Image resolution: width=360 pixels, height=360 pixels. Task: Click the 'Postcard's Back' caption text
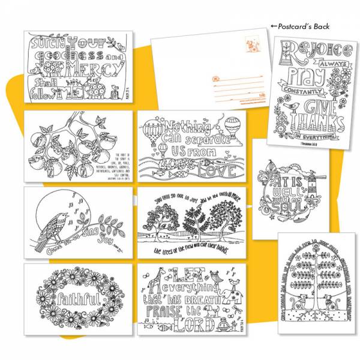(x=300, y=26)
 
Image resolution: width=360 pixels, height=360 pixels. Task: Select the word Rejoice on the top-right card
(x=306, y=50)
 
